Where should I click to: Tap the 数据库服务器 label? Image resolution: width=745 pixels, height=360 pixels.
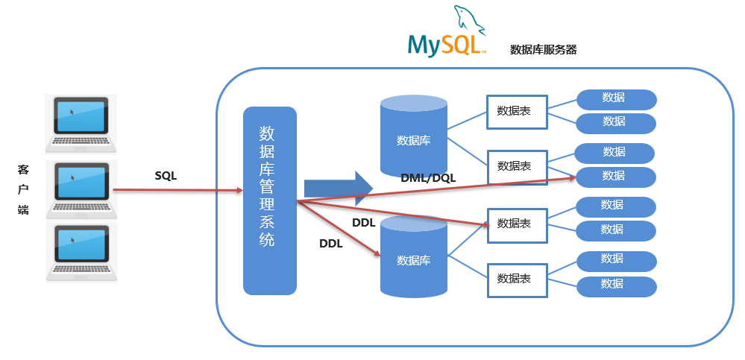(x=543, y=50)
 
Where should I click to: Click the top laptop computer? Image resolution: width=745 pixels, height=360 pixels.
(x=81, y=123)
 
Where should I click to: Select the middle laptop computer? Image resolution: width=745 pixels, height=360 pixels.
(x=81, y=186)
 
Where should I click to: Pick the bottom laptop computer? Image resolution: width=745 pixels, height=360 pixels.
(x=81, y=250)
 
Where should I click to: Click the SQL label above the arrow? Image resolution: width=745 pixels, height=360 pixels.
(x=166, y=176)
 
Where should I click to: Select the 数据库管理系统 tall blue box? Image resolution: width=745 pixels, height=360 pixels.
(x=270, y=200)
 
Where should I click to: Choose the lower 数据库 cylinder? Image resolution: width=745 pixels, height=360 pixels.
(x=413, y=258)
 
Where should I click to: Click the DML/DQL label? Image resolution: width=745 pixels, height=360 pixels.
(x=428, y=177)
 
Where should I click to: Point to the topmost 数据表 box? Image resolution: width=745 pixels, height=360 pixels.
(x=516, y=111)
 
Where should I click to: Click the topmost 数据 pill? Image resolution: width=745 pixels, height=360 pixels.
(x=615, y=98)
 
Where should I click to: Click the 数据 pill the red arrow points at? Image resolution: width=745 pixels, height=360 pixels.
(x=615, y=177)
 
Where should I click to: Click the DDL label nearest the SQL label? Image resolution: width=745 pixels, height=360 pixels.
(x=330, y=243)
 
